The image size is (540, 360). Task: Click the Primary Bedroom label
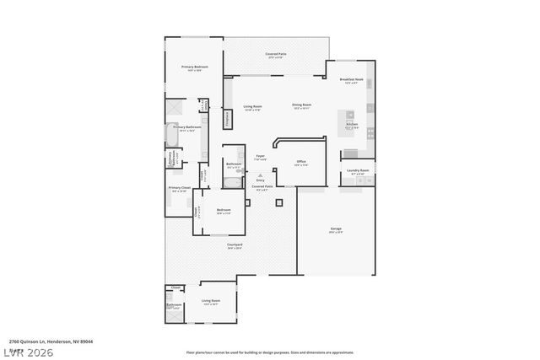tap(194, 67)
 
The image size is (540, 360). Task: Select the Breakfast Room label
tap(351, 80)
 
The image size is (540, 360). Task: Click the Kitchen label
tap(352, 124)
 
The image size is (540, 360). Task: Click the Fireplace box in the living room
tap(227, 119)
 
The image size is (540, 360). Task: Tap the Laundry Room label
tap(358, 171)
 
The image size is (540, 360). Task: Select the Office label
tap(300, 162)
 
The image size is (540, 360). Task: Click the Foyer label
tap(261, 156)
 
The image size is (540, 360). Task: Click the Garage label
tap(336, 228)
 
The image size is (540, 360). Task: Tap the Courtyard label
tap(234, 245)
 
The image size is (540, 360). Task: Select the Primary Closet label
tap(180, 188)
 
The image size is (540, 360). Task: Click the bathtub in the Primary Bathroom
tap(171, 134)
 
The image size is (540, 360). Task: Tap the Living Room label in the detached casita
tap(211, 301)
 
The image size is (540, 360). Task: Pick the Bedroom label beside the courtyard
tap(224, 210)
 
